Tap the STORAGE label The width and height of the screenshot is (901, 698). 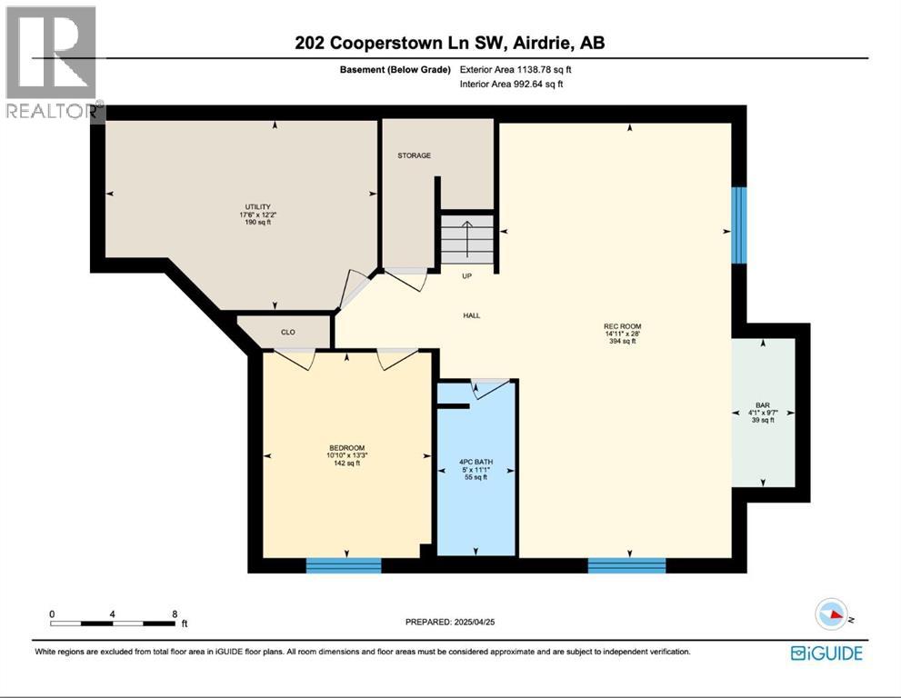coord(414,155)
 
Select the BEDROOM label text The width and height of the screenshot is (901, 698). coord(346,447)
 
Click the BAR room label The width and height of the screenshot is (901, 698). coord(762,404)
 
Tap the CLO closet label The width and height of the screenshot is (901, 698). coord(287,333)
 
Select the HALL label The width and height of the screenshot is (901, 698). coord(471,315)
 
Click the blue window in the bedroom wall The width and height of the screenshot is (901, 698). coord(343,565)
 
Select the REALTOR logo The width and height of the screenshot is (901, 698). coord(52,64)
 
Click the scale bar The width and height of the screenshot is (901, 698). coord(113,623)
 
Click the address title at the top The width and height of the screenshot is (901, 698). coord(449,43)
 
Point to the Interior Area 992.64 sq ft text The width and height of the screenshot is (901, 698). coord(512,85)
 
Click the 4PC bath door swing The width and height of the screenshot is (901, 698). coord(488,389)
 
